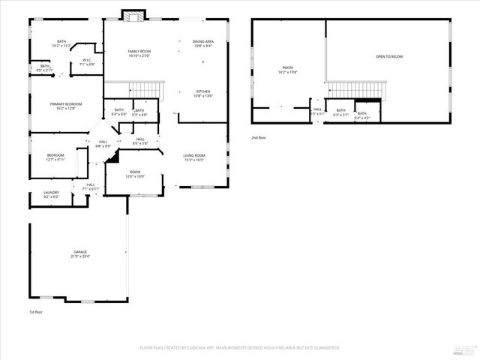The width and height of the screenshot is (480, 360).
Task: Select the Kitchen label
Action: tap(202, 93)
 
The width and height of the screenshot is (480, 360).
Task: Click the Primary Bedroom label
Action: tap(65, 106)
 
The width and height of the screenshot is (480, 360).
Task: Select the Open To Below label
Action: tap(389, 56)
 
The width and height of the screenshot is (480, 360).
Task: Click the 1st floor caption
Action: tap(37, 311)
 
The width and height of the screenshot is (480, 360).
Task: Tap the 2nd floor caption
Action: tap(259, 137)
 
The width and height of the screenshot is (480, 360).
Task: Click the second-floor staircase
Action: tap(355, 90)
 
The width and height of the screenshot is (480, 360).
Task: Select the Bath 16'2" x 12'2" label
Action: tap(61, 43)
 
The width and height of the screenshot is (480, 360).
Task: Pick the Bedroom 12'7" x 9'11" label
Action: tap(56, 157)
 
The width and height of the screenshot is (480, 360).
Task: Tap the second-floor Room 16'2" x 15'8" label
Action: tap(289, 69)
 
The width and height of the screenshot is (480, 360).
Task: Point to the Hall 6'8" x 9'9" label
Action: tap(103, 144)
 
